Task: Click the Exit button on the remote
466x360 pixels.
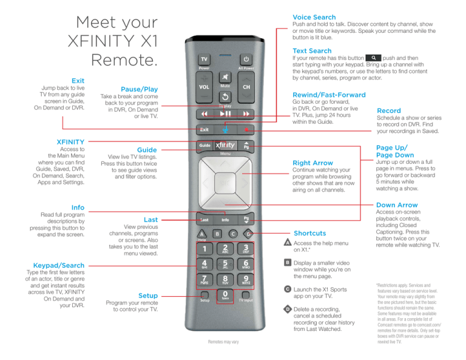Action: click(204, 129)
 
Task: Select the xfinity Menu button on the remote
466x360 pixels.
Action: click(225, 146)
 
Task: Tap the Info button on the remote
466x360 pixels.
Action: click(225, 220)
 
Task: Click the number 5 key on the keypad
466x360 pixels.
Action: click(225, 265)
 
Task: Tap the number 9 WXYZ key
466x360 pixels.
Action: click(246, 282)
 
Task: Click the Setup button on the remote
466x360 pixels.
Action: click(204, 299)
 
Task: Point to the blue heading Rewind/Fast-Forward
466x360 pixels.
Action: click(329, 95)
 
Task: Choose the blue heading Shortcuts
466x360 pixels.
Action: click(309, 233)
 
